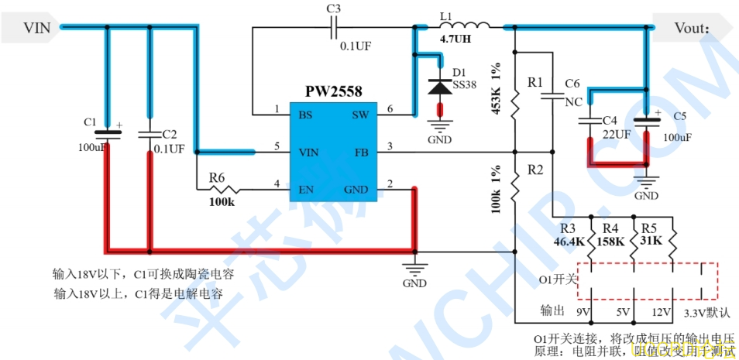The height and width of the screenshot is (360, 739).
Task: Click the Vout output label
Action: [692, 28]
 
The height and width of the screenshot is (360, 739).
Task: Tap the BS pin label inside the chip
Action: [305, 114]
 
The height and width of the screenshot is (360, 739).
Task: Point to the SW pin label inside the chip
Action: [360, 114]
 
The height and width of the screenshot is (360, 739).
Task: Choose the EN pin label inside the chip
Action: [306, 188]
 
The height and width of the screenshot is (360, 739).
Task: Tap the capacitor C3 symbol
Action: [334, 29]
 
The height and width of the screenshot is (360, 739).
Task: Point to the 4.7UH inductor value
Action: [455, 38]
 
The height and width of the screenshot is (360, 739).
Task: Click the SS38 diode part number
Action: [466, 84]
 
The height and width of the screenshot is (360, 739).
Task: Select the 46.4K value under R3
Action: [569, 242]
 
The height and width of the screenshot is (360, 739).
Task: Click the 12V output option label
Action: [661, 313]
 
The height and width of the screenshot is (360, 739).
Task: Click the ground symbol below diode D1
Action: [439, 128]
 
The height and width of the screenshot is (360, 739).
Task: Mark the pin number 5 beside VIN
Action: [277, 146]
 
